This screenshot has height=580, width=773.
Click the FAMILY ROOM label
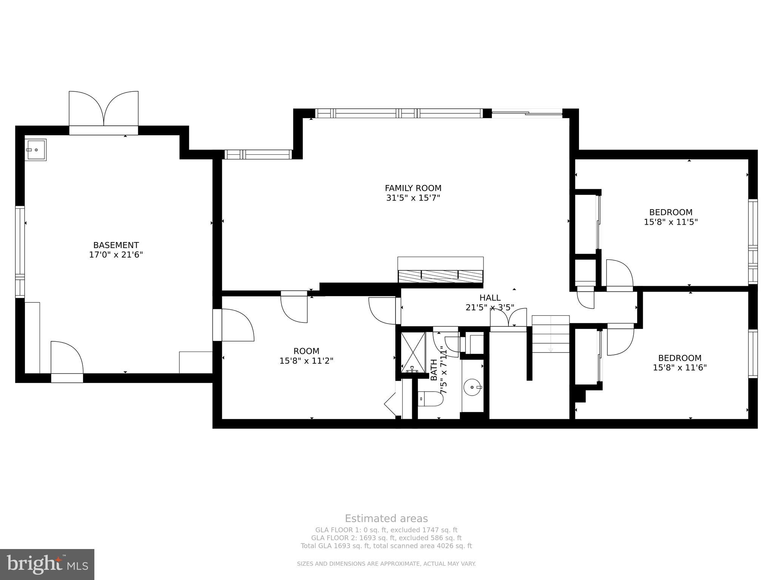tap(413, 188)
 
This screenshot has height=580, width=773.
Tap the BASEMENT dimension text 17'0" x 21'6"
tap(116, 255)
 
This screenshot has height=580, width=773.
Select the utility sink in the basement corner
tap(35, 150)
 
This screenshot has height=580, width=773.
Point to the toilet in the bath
tap(431, 399)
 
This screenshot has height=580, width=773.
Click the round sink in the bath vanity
tap(473, 387)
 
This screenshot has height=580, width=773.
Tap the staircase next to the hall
tap(550, 334)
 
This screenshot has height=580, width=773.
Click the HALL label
tap(490, 298)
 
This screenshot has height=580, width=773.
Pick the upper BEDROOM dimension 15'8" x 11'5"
tap(671, 222)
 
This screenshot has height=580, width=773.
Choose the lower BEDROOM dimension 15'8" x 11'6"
tap(680, 367)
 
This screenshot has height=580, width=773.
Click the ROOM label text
tap(306, 351)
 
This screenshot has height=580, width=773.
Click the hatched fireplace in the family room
tap(440, 276)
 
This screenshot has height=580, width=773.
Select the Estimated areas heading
tap(386, 518)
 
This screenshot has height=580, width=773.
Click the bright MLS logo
tap(47, 564)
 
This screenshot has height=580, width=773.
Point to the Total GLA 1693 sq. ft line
tap(386, 546)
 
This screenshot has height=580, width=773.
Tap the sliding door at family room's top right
tap(527, 113)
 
